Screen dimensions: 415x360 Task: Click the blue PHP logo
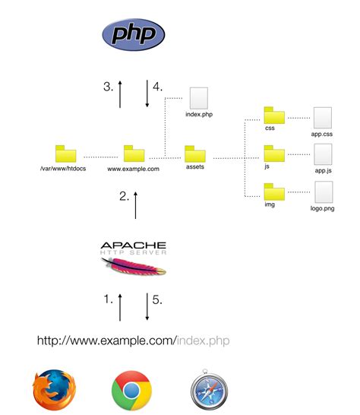(134, 34)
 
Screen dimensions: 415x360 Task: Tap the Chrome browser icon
(131, 391)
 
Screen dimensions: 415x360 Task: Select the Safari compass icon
(210, 391)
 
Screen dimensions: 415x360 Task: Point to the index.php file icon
(197, 98)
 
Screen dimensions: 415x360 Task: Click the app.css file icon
(323, 117)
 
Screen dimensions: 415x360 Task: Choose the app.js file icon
(323, 155)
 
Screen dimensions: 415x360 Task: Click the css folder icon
(273, 116)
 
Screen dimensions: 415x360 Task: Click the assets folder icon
(195, 154)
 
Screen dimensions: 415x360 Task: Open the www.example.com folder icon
(134, 154)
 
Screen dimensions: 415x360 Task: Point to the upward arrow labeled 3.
(120, 94)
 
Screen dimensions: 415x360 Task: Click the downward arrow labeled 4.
(147, 94)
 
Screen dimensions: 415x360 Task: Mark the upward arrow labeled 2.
(136, 204)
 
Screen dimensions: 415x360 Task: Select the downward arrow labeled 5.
(147, 308)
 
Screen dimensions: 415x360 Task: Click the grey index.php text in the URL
(203, 340)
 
